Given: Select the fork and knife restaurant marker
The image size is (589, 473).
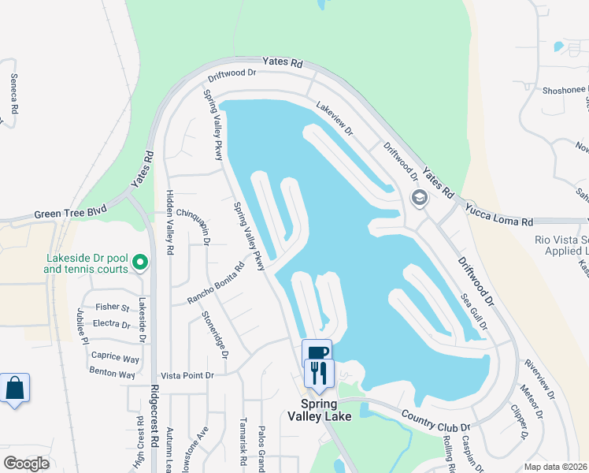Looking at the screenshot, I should [319, 372].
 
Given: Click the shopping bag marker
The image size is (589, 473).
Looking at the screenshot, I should [14, 389].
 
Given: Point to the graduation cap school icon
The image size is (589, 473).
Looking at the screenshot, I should [419, 197].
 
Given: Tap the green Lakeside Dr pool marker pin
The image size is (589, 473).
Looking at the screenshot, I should [140, 262].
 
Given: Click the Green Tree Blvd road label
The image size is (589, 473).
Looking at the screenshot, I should [69, 214].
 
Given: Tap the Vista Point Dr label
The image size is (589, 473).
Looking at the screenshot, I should [187, 376].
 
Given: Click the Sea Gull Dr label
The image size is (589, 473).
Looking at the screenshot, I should [473, 313].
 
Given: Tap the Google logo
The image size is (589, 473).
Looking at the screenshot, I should [27, 464].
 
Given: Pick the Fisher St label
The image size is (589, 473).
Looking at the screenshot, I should [112, 307].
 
